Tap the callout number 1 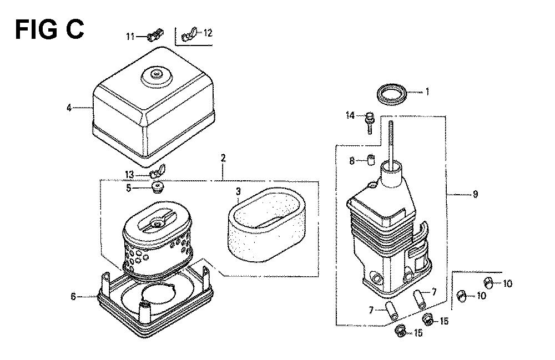click(427, 92)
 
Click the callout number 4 click(69, 108)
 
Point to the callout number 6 click(73, 296)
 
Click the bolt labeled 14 click(369, 123)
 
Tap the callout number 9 click(475, 194)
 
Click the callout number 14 click(350, 115)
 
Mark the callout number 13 click(129, 175)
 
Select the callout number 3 click(238, 191)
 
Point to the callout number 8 click(352, 161)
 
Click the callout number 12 click(208, 33)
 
